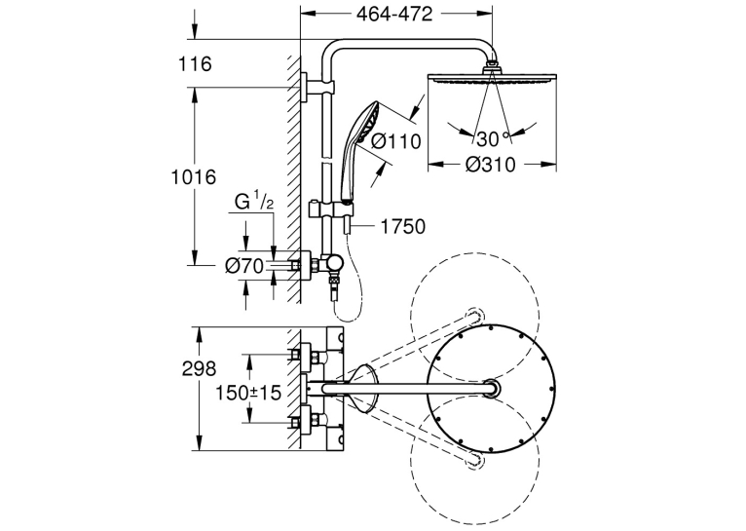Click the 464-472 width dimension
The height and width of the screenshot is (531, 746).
pyautogui.click(x=394, y=14)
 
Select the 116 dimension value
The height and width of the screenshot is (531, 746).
pyautogui.click(x=195, y=63)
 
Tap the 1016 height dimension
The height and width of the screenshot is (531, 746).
pyautogui.click(x=194, y=177)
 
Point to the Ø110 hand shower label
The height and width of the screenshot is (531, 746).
pyautogui.click(x=395, y=141)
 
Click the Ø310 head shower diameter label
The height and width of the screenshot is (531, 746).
pyautogui.click(x=490, y=165)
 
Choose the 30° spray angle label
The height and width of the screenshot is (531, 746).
pyautogui.click(x=493, y=139)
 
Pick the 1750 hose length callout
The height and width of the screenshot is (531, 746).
pyautogui.click(x=403, y=226)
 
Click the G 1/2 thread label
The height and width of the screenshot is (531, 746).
pyautogui.click(x=254, y=202)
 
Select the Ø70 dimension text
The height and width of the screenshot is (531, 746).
pyautogui.click(x=244, y=266)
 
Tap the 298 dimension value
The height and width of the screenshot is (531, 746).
pyautogui.click(x=199, y=368)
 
